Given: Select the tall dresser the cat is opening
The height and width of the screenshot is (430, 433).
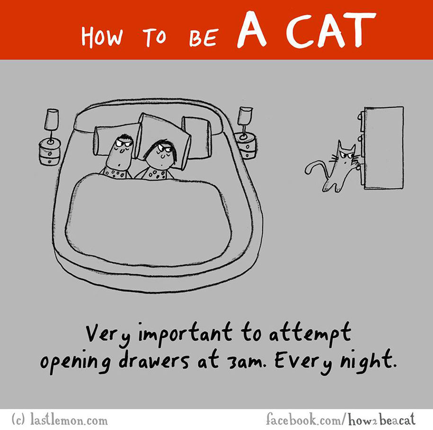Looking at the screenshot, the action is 382,148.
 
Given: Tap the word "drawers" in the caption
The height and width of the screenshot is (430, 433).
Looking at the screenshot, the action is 154,360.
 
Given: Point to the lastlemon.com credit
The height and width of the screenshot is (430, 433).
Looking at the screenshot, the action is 59,421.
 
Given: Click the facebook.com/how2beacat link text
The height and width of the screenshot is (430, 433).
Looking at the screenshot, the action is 341,419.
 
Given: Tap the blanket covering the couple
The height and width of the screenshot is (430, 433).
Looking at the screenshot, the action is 149,221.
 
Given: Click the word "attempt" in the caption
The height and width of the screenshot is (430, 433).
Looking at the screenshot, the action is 310,333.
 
